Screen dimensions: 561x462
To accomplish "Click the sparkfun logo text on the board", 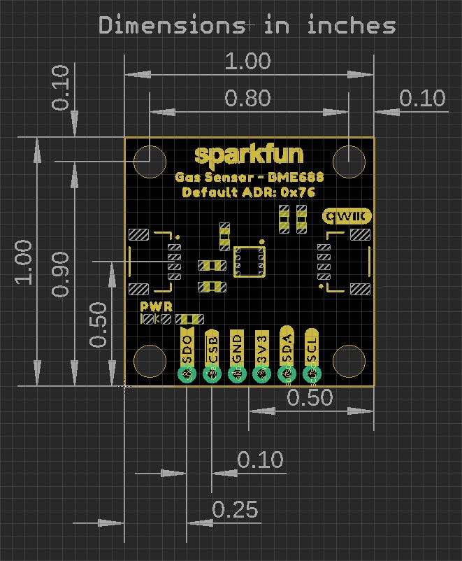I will [x=250, y=155].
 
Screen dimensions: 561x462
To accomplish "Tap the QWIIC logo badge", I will [x=347, y=216].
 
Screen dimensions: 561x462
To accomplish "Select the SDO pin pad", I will [x=187, y=376].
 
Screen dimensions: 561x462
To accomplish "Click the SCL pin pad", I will [x=312, y=376].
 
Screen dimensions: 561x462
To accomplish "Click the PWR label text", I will [x=156, y=306].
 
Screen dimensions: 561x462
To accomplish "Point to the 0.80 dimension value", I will [x=250, y=98].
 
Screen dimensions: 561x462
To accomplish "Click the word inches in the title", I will [x=351, y=26].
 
